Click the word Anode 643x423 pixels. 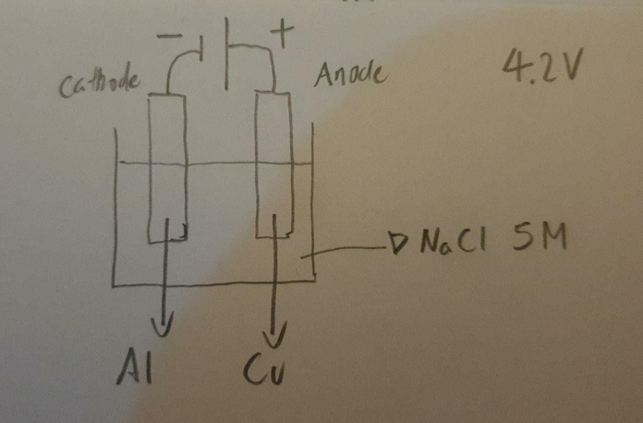351,76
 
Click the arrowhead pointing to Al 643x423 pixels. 164,321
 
